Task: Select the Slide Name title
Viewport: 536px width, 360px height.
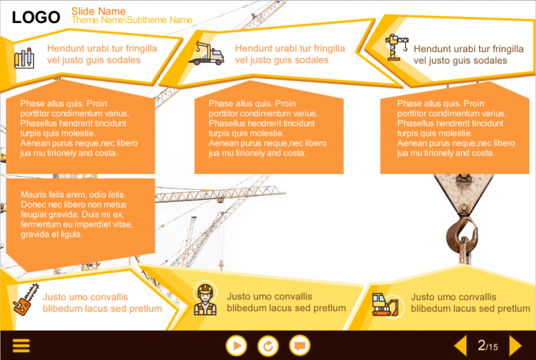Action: coord(98,11)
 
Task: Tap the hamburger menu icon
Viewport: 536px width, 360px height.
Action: coord(21,345)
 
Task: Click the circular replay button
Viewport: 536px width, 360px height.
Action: coord(268,345)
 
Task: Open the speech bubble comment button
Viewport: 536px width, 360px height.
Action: coord(300,345)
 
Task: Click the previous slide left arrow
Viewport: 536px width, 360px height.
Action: coord(460,345)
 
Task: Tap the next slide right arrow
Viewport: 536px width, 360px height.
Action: coord(516,345)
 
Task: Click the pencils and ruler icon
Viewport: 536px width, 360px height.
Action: coord(23,57)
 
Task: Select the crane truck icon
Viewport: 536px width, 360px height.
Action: coord(206,52)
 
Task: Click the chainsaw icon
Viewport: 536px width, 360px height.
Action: coord(24,302)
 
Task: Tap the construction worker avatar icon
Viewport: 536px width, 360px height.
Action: coord(204,299)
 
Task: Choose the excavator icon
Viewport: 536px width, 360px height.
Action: coord(385,304)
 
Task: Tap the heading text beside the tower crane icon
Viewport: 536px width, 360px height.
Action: coord(462,54)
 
